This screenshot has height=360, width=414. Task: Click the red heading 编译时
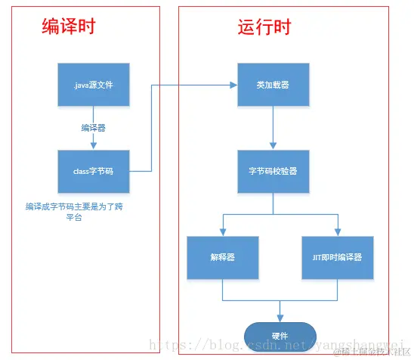68,28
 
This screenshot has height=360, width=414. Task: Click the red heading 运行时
264,28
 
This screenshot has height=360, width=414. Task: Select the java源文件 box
93,85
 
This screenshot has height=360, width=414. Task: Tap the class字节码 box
93,171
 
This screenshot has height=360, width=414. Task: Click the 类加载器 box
273,85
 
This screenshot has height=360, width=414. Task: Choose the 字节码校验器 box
273,171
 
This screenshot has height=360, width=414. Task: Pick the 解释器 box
222,257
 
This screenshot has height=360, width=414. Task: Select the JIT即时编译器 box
337,257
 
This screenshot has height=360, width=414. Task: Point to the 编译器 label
93,127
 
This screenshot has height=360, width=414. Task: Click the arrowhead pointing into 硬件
280,318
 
